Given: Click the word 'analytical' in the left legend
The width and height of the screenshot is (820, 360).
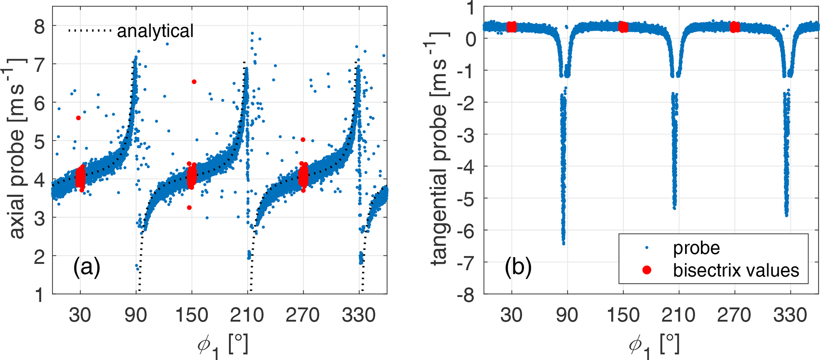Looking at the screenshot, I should click(x=155, y=31).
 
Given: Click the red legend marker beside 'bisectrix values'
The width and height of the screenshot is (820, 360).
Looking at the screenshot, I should click(x=647, y=270).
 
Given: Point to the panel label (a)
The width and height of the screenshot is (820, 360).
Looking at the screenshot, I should click(x=86, y=267).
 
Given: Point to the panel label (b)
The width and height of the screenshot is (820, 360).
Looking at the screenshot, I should click(x=518, y=267).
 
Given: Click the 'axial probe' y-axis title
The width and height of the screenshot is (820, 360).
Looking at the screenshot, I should click(x=17, y=149).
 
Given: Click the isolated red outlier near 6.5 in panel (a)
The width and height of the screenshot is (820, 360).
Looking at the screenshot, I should click(x=194, y=82).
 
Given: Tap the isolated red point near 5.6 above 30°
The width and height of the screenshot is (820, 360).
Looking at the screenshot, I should click(x=79, y=118).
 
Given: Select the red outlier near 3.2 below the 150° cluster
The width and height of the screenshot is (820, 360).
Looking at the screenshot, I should click(x=189, y=208).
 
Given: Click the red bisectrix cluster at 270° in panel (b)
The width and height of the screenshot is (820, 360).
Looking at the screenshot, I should click(x=735, y=27).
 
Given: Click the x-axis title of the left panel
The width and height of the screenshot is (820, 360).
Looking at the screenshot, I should click(x=223, y=344).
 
